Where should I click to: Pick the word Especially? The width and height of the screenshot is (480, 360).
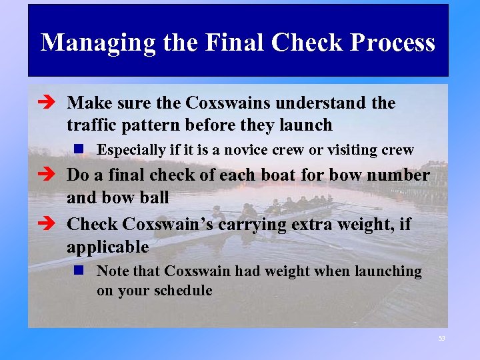(x=131, y=150)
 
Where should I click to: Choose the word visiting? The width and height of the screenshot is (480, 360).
(x=352, y=150)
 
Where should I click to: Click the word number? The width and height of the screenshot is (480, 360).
(x=399, y=175)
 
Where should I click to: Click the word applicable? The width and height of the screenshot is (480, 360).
(x=107, y=247)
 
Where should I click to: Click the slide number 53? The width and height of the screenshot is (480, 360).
(x=441, y=339)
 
